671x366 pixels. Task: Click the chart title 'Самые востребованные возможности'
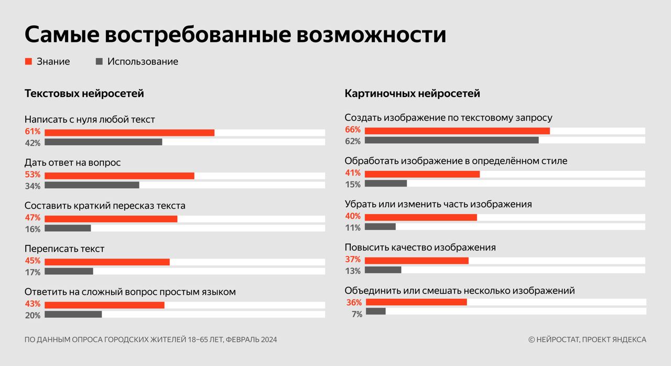tap(235, 35)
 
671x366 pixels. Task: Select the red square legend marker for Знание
tap(29, 61)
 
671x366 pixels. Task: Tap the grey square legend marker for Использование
tap(100, 61)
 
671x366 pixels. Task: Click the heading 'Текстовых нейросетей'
tap(84, 94)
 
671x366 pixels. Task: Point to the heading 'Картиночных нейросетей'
tap(412, 94)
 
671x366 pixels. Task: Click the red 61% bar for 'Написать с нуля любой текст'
tap(129, 132)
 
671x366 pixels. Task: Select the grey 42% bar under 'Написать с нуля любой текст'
tap(103, 142)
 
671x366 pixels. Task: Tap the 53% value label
tap(33, 175)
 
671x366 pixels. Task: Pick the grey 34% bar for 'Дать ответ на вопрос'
tap(92, 185)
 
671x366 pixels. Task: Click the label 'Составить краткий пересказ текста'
tap(105, 206)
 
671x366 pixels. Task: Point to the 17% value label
tap(33, 272)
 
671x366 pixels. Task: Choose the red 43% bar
tap(104, 305)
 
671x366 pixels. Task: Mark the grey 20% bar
tap(73, 315)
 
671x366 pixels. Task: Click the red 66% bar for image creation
tap(457, 131)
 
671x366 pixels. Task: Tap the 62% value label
tap(353, 141)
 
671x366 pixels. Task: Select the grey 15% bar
tap(385, 184)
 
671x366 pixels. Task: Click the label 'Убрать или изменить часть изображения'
tap(438, 204)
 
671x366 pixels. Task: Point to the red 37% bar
tap(416, 260)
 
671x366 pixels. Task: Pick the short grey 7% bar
tap(375, 311)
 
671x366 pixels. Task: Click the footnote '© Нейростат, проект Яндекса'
tap(587, 340)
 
